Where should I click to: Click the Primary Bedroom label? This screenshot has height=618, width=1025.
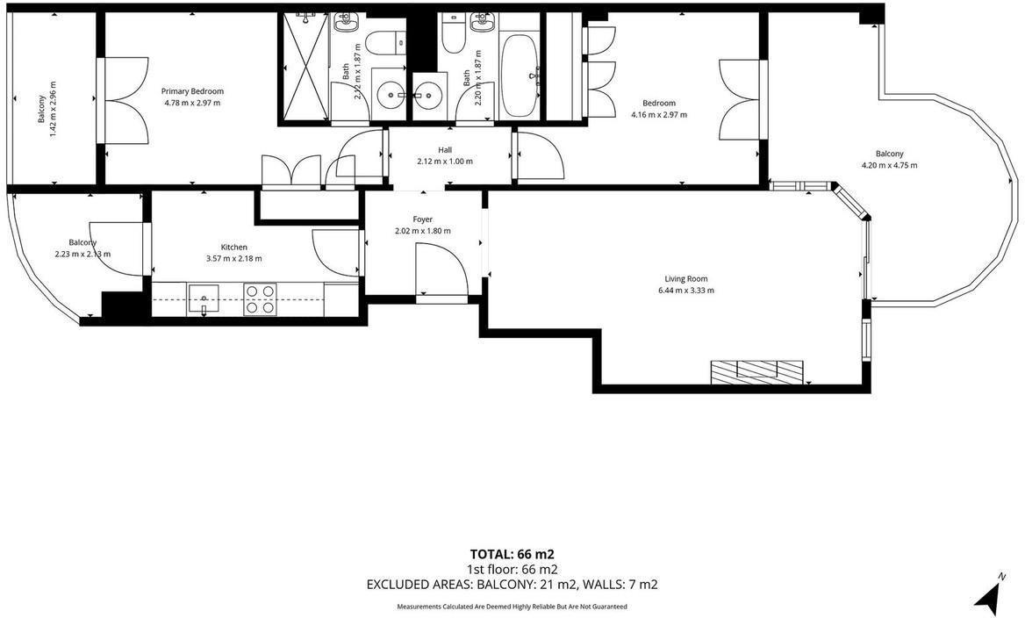[x=192, y=91]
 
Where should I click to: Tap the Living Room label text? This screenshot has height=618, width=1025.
[x=685, y=278]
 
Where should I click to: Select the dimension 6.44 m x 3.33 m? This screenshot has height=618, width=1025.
[x=685, y=291]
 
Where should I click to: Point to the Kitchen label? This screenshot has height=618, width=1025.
[x=233, y=247]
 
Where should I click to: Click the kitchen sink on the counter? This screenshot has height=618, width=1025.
[x=204, y=299]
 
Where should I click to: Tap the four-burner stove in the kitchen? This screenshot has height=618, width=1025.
[x=260, y=299]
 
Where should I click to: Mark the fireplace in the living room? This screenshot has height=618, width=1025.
[x=756, y=371]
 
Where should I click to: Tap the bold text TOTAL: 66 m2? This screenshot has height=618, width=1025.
[x=512, y=554]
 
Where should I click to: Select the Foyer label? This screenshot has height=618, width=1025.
[x=423, y=219]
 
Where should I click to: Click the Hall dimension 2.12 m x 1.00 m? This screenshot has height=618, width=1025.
[x=445, y=162]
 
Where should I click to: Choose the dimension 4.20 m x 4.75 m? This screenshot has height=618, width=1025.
[x=889, y=165]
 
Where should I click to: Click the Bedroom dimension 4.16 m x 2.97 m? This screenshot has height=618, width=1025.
[x=659, y=115]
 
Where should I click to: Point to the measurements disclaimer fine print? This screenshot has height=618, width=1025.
[x=512, y=607]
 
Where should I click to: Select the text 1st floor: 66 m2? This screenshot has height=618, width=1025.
[x=512, y=569]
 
